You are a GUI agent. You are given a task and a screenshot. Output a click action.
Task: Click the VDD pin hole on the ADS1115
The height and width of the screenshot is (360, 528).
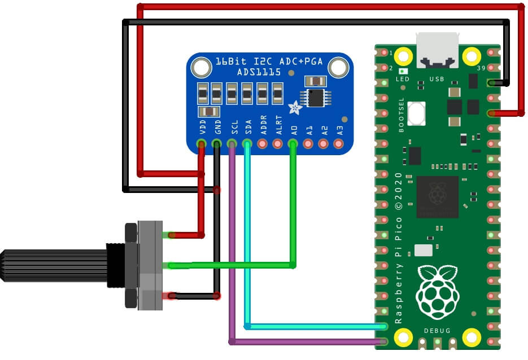pos(201,144)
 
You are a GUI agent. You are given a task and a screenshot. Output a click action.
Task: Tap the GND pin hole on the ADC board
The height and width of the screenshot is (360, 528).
pos(216,144)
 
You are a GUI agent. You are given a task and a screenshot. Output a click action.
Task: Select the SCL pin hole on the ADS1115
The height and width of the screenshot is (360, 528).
pos(232,144)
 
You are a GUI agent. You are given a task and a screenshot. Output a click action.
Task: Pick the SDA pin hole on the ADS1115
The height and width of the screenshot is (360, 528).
pos(247,144)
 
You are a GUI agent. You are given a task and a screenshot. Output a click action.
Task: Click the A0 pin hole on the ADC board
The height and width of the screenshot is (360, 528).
pos(293,144)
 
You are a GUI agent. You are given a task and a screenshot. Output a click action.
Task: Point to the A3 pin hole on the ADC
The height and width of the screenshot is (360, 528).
pos(338,144)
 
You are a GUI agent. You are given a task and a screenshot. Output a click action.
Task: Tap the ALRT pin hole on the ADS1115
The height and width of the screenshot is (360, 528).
pos(277,144)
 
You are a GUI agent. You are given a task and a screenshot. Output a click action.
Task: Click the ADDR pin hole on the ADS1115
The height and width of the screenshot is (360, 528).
pos(262,144)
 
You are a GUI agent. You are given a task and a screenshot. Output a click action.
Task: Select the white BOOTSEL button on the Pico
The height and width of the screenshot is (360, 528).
pos(417,113)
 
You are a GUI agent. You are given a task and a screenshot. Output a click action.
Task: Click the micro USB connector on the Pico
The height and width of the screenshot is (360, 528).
pos(438,47)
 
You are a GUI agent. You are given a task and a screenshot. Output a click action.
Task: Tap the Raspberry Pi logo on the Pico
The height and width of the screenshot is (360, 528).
pos(437,292)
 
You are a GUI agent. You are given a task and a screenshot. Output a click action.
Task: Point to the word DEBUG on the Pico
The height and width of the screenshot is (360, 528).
pos(438,331)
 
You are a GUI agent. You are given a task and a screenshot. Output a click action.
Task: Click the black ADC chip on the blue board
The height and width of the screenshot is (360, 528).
pos(316,97)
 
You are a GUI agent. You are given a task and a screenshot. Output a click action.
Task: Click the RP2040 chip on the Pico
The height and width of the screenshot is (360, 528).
pos(437,197)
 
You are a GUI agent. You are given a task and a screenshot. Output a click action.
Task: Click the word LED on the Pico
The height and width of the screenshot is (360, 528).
pos(403,80)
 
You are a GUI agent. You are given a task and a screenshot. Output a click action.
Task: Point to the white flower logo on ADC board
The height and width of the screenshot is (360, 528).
pos(294,107)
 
